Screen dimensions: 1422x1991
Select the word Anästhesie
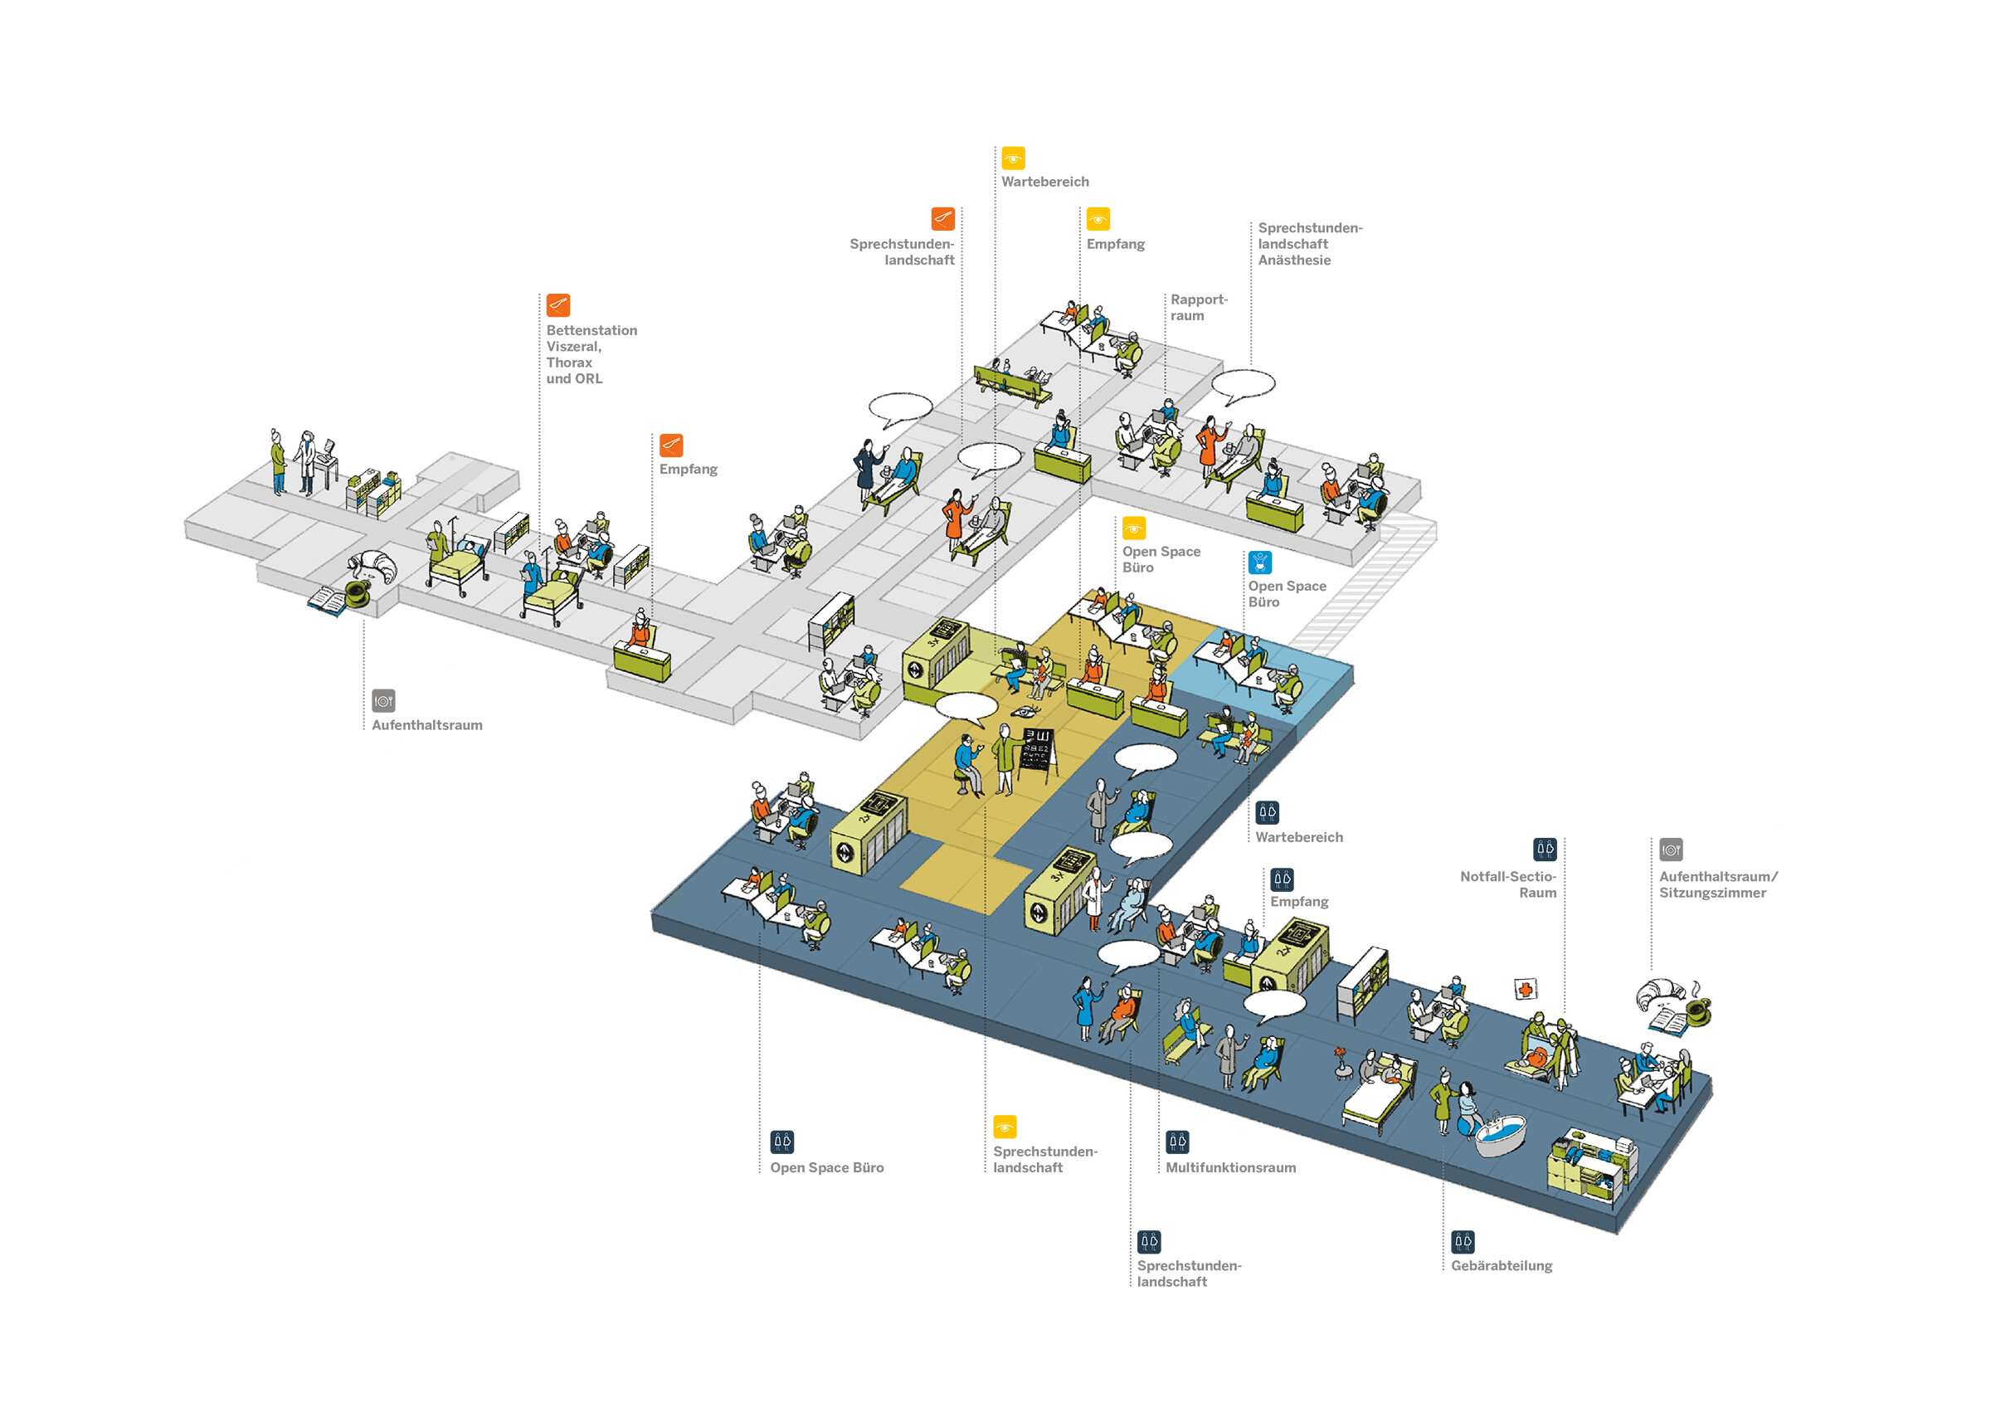pos(1293,260)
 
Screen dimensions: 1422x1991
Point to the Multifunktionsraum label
pos(1229,1167)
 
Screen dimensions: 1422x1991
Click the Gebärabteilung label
pos(1500,1265)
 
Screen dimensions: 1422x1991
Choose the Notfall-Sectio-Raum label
pos(1507,884)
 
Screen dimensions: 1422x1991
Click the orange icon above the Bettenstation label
pos(557,304)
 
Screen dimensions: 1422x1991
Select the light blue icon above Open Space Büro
pos(1259,562)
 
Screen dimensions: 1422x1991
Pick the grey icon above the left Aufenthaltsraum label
pos(383,700)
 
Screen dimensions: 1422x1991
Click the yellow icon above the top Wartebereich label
pos(1012,158)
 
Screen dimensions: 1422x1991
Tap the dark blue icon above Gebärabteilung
pos(1463,1242)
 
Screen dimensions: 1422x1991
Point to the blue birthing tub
pos(1500,1136)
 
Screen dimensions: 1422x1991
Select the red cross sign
pos(1526,990)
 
